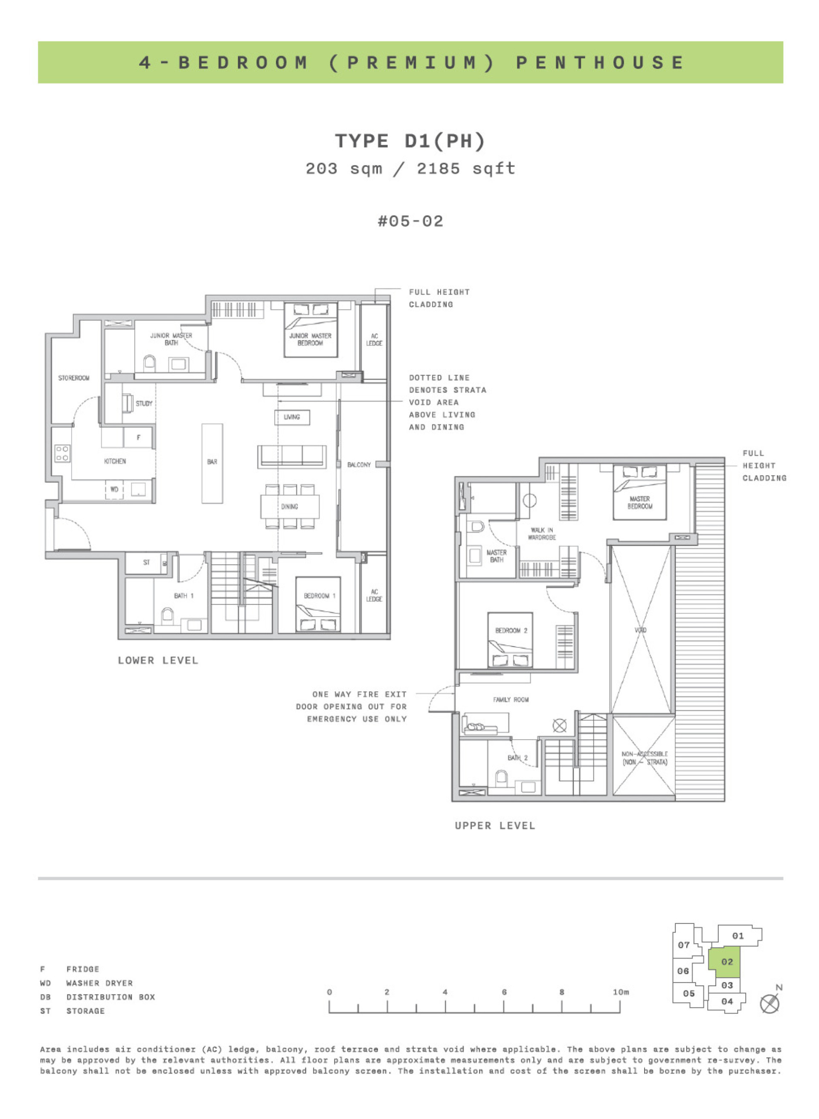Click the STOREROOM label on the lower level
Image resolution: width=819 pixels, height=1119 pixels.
click(74, 378)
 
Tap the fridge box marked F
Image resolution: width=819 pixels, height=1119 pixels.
click(138, 437)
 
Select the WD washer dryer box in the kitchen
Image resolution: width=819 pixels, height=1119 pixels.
click(114, 489)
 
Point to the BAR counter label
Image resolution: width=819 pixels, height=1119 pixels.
click(212, 462)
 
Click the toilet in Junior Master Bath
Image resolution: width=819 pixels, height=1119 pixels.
click(149, 364)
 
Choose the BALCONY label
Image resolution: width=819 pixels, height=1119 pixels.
click(359, 465)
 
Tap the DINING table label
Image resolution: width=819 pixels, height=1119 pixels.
click(290, 507)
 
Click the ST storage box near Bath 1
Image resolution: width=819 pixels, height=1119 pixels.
click(146, 562)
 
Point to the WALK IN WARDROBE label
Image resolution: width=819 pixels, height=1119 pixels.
click(541, 534)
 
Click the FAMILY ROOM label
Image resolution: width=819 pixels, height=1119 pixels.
click(511, 700)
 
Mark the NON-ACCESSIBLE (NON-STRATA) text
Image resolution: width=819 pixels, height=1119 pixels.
click(645, 758)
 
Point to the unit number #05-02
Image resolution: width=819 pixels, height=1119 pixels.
click(410, 221)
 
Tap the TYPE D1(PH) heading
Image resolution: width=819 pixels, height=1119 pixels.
click(410, 141)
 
